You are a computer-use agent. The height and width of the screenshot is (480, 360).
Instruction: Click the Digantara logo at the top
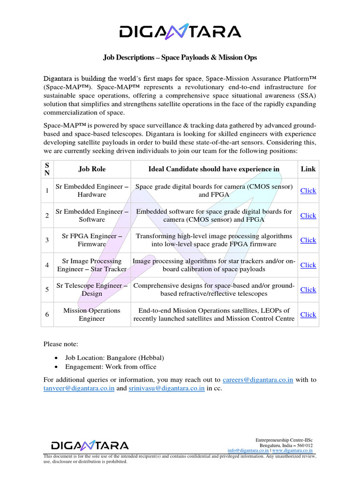click(x=180, y=31)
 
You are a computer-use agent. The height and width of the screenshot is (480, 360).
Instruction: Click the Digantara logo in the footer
click(x=90, y=445)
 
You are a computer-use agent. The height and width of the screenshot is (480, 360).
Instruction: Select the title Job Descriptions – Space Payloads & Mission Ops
click(x=180, y=58)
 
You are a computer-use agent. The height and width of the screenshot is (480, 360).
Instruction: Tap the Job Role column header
click(x=92, y=169)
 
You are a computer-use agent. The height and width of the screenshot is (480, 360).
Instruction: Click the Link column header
click(x=308, y=169)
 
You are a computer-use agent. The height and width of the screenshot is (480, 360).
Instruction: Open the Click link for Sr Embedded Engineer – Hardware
click(x=308, y=190)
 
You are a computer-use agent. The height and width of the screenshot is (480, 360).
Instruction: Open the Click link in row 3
click(x=308, y=240)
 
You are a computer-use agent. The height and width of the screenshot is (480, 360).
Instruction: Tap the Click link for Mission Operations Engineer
click(x=308, y=315)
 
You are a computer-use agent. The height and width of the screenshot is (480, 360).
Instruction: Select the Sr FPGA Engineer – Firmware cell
click(x=92, y=240)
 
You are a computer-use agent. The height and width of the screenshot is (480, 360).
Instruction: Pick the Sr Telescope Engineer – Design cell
click(x=92, y=290)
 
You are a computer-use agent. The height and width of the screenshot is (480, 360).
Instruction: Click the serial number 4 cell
click(x=47, y=265)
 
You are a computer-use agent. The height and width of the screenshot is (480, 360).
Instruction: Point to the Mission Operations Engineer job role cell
click(x=92, y=315)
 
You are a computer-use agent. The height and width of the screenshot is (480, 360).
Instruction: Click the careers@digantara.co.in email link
click(x=258, y=380)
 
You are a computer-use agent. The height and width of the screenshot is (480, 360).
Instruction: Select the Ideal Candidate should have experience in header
click(x=214, y=169)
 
